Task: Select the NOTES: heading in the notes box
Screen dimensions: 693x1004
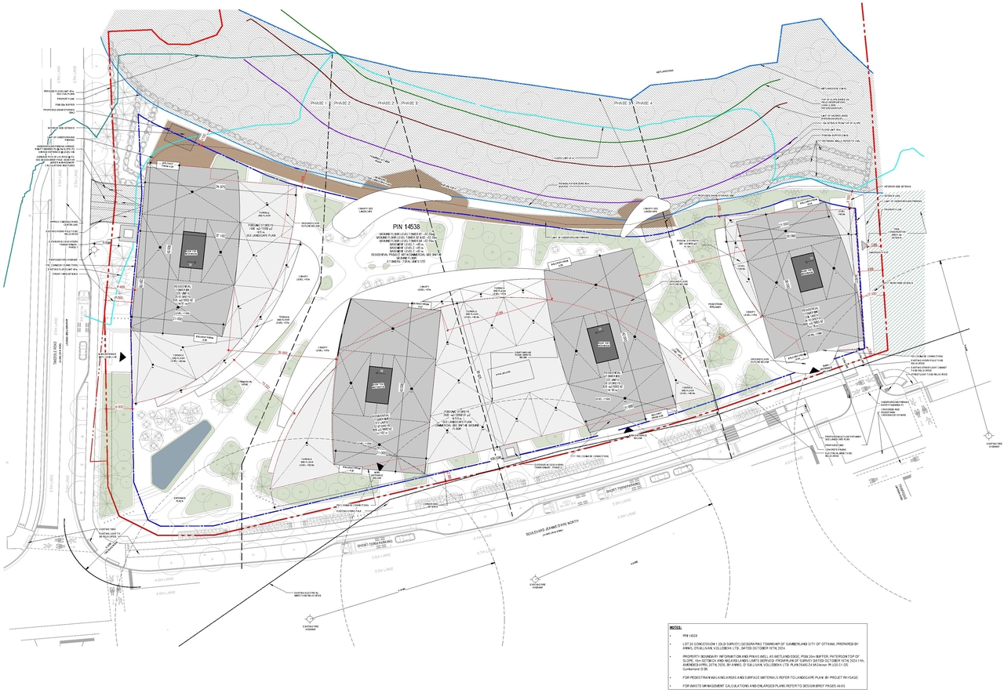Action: point(676,628)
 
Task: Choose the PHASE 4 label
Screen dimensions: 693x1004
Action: point(644,103)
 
